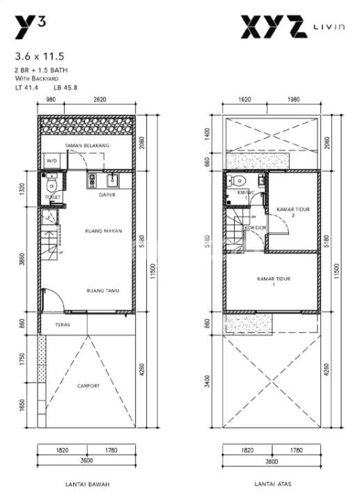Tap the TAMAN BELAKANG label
[x=87, y=146]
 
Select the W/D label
[x=52, y=161]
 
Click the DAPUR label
[x=106, y=195]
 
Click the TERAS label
[x=61, y=325]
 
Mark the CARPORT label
[x=88, y=385]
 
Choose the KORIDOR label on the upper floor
[x=253, y=227]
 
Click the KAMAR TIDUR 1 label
[x=273, y=281]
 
